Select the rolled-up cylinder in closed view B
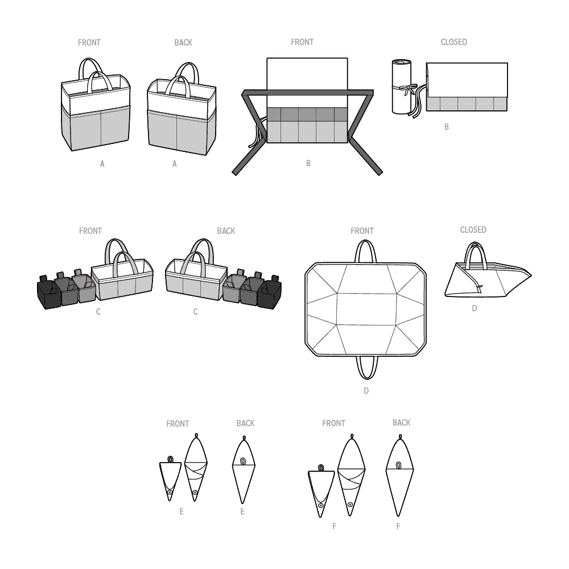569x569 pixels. [x=402, y=86]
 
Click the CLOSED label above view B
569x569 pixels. [x=453, y=42]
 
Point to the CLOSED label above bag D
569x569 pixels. [x=473, y=230]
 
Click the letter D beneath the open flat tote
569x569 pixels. [x=366, y=391]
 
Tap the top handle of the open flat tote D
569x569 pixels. [x=366, y=242]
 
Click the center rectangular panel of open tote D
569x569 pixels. [x=366, y=309]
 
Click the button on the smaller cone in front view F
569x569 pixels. [x=320, y=505]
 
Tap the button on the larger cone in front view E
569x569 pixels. [x=195, y=492]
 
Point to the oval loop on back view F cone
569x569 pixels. [x=399, y=465]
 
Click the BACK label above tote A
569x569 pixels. [x=183, y=43]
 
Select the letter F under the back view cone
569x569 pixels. [x=398, y=526]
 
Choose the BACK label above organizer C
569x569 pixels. [x=226, y=231]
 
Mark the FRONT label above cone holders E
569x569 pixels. [x=178, y=424]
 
